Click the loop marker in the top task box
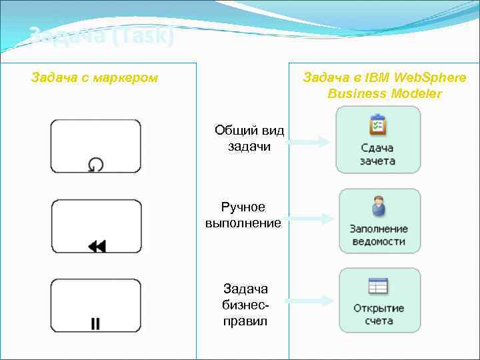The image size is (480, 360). (96, 164)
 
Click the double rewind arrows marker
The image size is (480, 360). (97, 246)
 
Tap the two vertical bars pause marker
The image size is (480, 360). (95, 324)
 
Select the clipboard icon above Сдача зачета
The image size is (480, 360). (378, 125)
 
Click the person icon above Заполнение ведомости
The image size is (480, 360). (378, 206)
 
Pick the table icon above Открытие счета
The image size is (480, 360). (378, 286)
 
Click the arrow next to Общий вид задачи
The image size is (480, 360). (311, 141)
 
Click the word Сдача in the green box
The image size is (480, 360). (377, 148)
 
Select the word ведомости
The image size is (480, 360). (379, 241)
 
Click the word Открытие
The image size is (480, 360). (379, 308)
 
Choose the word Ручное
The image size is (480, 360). (243, 207)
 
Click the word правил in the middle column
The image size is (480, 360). (245, 321)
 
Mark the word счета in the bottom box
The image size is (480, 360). (379, 321)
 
